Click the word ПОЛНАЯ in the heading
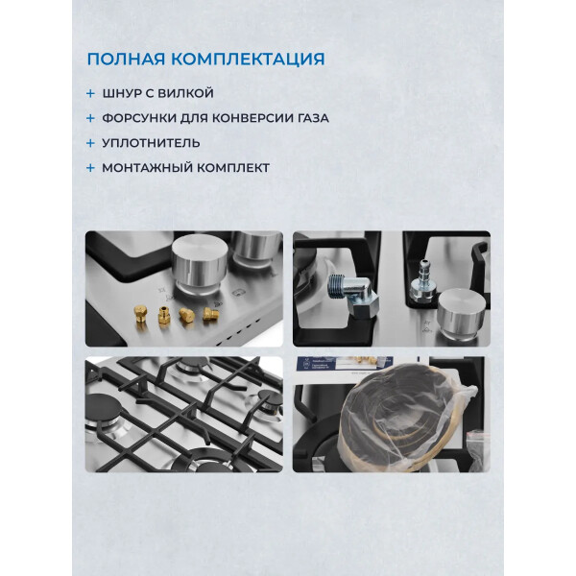pos(126,60)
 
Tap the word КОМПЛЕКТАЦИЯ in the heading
pos(248,60)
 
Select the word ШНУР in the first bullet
pos(122,93)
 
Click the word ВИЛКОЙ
pos(184,93)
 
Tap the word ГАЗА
pos(314,118)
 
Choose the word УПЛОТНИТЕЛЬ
pos(151,143)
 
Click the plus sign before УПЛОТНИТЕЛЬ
pos(90,143)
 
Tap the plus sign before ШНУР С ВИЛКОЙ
pos(90,93)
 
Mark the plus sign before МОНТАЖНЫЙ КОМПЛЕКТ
pos(90,168)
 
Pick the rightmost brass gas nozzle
pos(210,315)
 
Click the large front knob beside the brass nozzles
pos(200,265)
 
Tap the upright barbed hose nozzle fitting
pos(422,281)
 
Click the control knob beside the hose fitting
pos(461,312)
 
